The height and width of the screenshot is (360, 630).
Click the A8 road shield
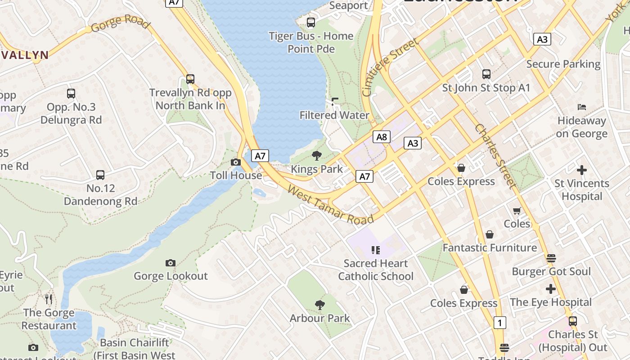coord(381,137)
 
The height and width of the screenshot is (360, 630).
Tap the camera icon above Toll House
coord(235,162)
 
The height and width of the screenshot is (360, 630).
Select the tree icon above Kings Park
coord(317,156)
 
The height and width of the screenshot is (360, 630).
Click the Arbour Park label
coord(319,318)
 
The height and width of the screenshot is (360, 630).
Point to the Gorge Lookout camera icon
coord(171,263)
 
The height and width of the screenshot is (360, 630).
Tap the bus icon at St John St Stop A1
coord(486,74)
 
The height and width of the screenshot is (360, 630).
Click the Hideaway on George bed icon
coord(581,107)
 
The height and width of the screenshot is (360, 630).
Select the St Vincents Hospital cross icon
coord(582,170)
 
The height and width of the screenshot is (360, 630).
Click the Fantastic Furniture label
coord(490,247)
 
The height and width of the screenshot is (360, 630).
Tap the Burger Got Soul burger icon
coord(551,258)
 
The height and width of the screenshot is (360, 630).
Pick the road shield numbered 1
coord(499,323)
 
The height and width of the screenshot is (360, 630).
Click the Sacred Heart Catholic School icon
coord(376,250)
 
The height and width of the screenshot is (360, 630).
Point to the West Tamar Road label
coord(330,205)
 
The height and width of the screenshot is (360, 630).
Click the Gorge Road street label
coord(120,22)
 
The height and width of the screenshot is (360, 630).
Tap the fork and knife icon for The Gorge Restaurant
coord(49,299)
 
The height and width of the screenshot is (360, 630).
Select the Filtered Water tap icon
coord(334,102)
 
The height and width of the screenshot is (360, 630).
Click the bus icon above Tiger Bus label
coord(311,22)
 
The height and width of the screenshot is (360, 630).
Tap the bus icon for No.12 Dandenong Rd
coord(100,175)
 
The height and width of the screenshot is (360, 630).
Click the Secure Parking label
coord(563,64)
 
